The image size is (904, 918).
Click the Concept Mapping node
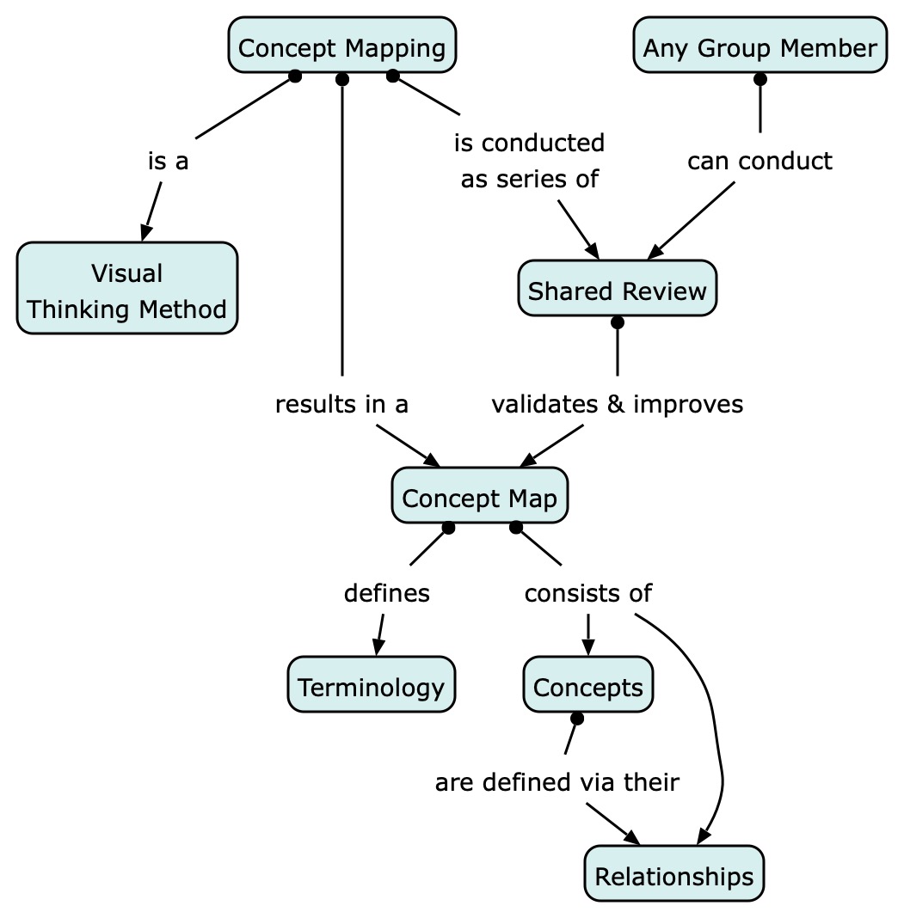pos(341,46)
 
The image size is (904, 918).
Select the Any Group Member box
pos(759,46)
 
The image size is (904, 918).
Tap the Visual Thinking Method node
pos(127,291)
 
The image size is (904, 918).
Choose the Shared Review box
pos(617,291)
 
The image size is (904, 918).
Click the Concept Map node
pos(479,498)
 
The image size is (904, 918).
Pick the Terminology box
pos(371,687)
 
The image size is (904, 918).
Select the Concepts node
pos(587,687)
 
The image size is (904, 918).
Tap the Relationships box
pos(673,876)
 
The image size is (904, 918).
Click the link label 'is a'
pos(168,161)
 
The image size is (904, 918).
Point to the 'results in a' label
pos(341,403)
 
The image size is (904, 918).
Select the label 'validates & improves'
pos(617,403)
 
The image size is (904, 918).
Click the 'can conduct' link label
pos(759,161)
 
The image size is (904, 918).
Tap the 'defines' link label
pos(386,592)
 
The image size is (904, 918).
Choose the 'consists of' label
pos(588,592)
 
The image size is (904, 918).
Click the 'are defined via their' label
pos(557,782)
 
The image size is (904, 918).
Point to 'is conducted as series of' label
pos(530,161)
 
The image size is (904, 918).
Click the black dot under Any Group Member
pos(759,80)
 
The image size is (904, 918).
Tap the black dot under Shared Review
pos(617,323)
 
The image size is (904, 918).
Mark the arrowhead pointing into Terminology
pos(377,649)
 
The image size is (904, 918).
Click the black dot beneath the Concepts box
pos(576,719)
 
